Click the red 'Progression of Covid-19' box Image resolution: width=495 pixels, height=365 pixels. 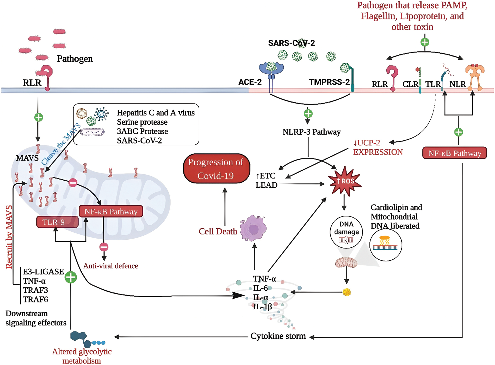tap(216, 169)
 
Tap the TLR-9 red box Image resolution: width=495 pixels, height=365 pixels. tap(57, 222)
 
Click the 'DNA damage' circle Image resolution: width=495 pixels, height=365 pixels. tap(346, 232)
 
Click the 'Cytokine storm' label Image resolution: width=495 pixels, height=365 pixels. tap(278, 336)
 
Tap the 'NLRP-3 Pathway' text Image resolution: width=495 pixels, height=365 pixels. tap(311, 132)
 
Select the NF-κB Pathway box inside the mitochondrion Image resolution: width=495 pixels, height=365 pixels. tap(111, 212)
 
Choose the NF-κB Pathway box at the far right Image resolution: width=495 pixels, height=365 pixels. tap(454, 153)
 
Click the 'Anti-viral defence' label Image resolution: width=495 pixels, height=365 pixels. tap(110, 266)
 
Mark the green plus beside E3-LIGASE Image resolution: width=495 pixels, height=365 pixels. tap(71, 277)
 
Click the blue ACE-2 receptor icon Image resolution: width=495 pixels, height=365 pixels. tap(271, 69)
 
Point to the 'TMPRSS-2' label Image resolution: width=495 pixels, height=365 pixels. tap(329, 82)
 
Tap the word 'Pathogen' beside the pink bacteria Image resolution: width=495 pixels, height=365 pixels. tap(75, 59)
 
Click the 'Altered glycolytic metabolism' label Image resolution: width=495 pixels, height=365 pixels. tap(82, 356)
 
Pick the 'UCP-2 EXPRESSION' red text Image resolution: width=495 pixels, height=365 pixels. tap(378, 147)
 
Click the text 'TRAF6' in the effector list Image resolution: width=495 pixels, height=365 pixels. tap(35, 299)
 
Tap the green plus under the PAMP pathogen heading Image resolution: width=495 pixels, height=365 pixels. tap(425, 42)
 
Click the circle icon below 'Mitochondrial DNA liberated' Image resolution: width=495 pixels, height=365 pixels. tap(385, 245)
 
